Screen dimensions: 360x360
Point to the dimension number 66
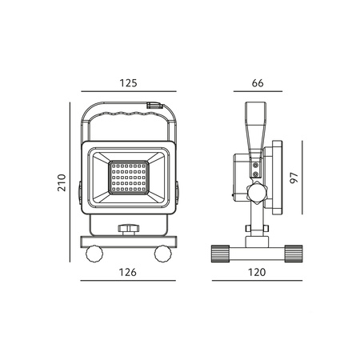pyautogui.click(x=258, y=82)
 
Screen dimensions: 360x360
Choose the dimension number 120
pyautogui.click(x=257, y=272)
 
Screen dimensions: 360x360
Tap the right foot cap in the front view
pyautogui.click(x=164, y=254)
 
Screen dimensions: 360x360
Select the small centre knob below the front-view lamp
pyautogui.click(x=128, y=230)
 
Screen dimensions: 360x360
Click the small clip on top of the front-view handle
pyautogui.click(x=154, y=104)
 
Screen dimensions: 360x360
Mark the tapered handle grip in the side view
pyautogui.click(x=255, y=123)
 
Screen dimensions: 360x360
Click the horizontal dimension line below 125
pyautogui.click(x=130, y=93)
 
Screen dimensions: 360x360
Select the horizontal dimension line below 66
pyautogui.click(x=258, y=93)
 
